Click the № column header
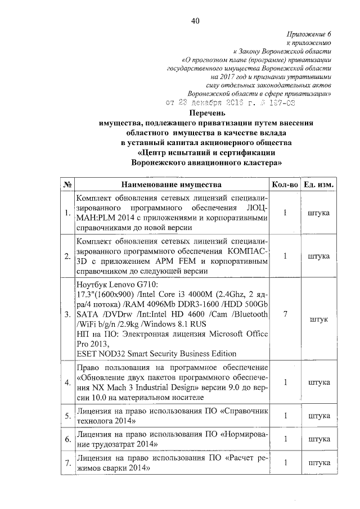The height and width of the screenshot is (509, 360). pyautogui.click(x=66, y=184)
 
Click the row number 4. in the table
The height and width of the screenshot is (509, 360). pyautogui.click(x=67, y=383)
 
